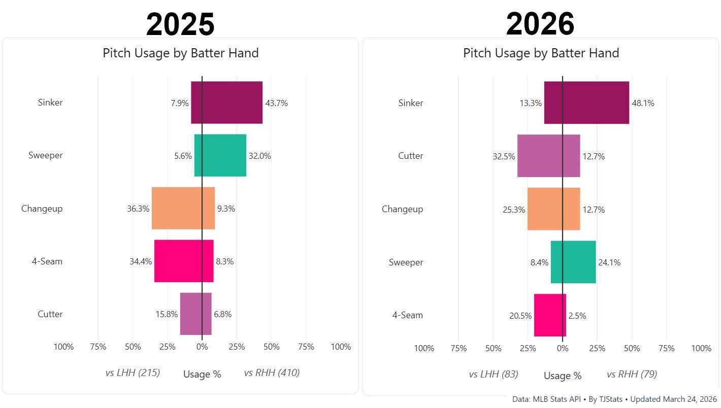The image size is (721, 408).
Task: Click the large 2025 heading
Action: (x=180, y=24)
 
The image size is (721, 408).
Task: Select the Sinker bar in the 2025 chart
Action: (x=226, y=103)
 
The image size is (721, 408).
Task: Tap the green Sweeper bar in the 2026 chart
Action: (x=573, y=262)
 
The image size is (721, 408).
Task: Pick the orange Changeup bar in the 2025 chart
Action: (x=183, y=208)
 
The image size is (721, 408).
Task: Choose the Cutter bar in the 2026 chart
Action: (x=548, y=156)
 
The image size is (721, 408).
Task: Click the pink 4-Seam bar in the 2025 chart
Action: (x=184, y=261)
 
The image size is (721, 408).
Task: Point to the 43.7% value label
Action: (x=276, y=103)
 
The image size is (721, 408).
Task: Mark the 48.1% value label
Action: (x=643, y=103)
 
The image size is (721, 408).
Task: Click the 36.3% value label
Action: (x=138, y=209)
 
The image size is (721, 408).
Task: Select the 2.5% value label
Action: (x=577, y=316)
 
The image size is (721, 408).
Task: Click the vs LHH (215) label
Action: (x=133, y=373)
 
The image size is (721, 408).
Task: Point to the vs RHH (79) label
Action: (x=632, y=375)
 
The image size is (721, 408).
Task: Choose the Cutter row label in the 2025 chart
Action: (x=50, y=314)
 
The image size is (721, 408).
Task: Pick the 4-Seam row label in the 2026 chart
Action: (x=408, y=315)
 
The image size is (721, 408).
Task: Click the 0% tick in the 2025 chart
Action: (x=202, y=347)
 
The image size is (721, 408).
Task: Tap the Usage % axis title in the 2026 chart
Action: (x=563, y=376)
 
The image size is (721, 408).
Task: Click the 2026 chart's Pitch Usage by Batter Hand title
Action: (x=541, y=53)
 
